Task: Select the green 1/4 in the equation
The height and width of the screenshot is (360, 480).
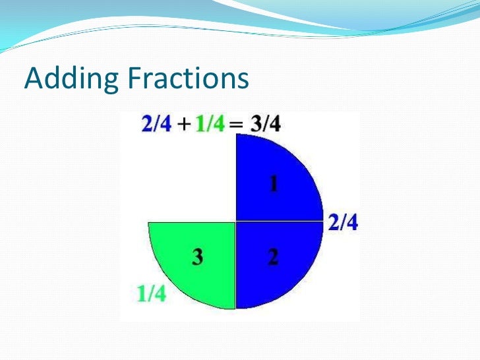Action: pos(211,123)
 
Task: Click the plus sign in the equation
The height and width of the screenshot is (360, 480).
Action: pos(183,124)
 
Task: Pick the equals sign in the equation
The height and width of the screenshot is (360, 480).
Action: pos(237,124)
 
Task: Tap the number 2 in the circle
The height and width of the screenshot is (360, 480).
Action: pos(273,258)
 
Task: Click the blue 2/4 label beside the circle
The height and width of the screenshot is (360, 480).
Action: pos(344,224)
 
